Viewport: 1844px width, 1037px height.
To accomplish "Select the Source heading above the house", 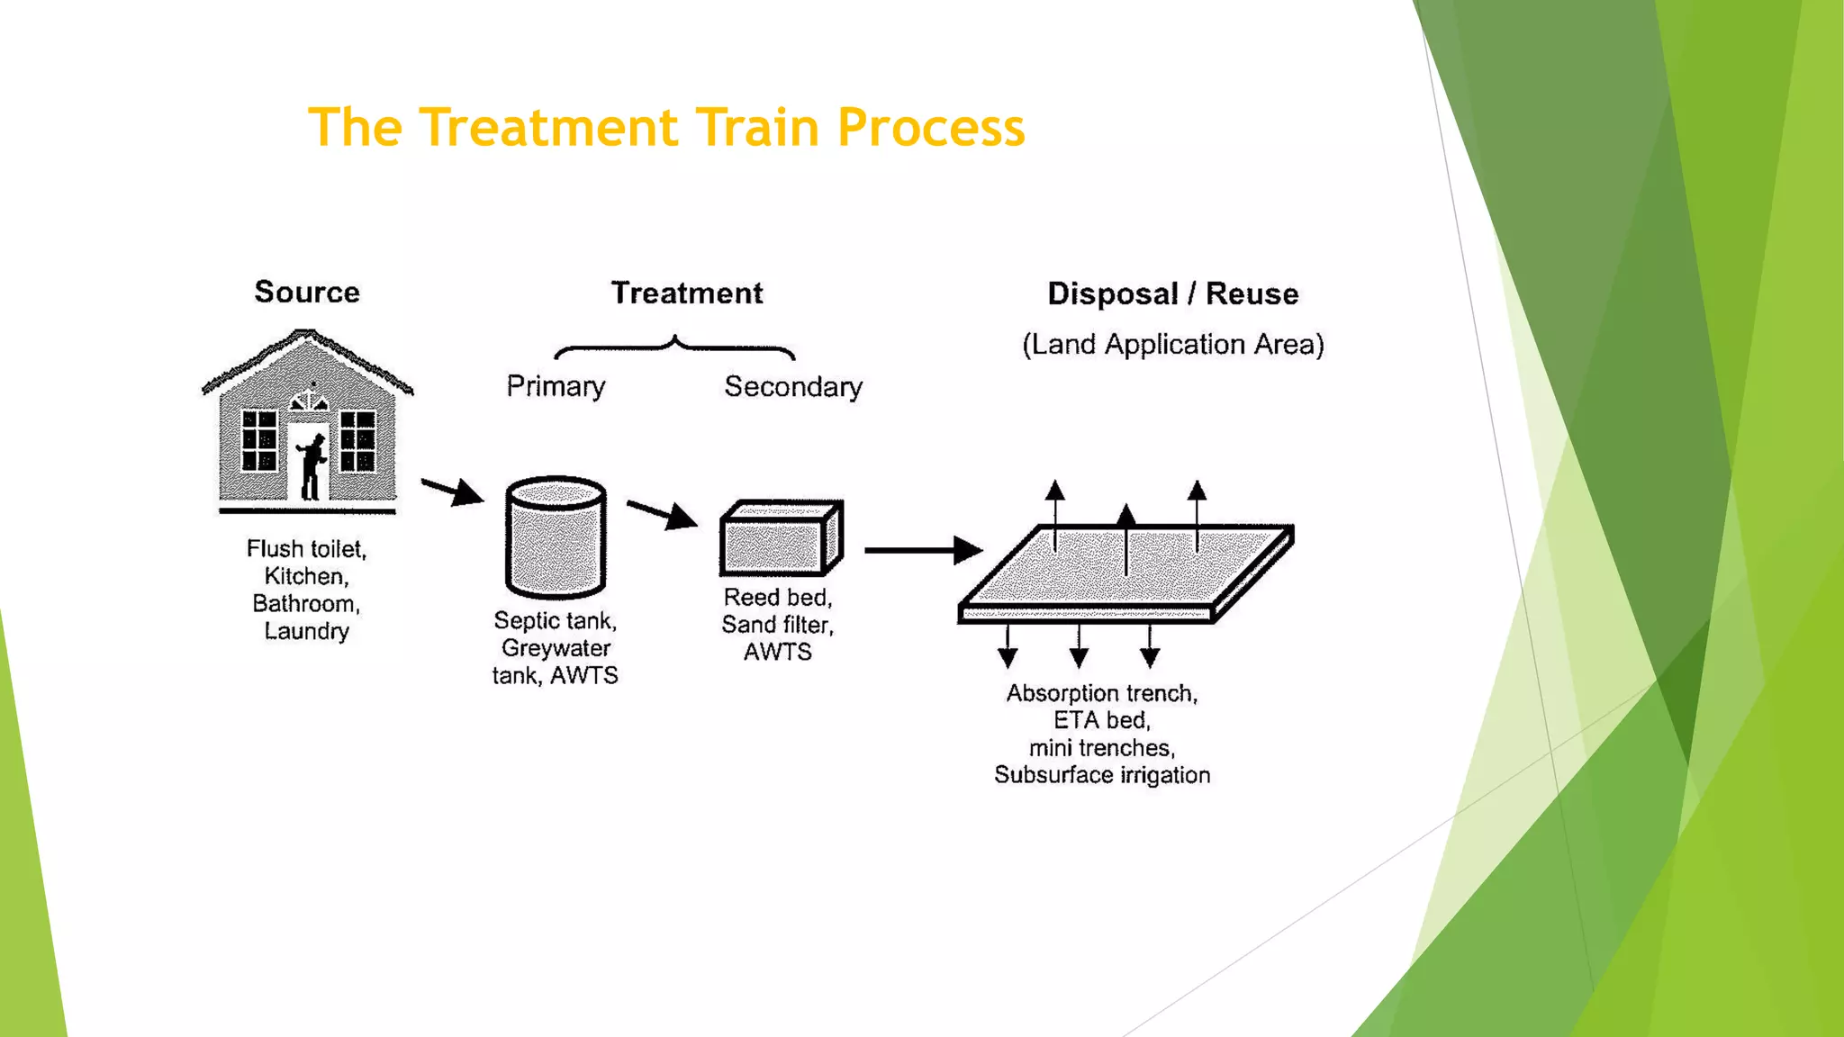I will (307, 292).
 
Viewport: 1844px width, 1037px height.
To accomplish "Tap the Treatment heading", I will (687, 293).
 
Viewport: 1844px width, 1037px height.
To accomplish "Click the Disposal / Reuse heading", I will (1172, 293).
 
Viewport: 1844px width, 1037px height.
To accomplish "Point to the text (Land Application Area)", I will (1172, 345).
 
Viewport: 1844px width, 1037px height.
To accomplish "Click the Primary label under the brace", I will (556, 386).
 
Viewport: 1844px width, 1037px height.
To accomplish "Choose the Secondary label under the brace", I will (793, 387).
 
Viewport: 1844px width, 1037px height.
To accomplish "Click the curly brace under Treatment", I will (674, 347).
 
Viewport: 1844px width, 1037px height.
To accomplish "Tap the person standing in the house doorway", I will (312, 465).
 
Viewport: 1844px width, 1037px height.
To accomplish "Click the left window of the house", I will (259, 440).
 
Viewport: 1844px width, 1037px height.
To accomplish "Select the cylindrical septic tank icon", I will (556, 537).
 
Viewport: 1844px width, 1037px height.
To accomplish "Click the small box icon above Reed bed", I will (780, 538).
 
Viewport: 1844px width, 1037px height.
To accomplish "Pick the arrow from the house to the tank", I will (452, 491).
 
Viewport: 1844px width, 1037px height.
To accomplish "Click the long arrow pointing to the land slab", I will (922, 549).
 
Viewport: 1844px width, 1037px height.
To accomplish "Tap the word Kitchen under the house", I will (306, 576).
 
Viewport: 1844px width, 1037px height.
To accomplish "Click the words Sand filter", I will (777, 625).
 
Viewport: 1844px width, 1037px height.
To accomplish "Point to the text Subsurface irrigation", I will (1102, 775).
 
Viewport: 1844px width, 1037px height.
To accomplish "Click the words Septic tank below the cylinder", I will (555, 621).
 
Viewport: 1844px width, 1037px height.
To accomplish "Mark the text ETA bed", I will (1102, 720).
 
